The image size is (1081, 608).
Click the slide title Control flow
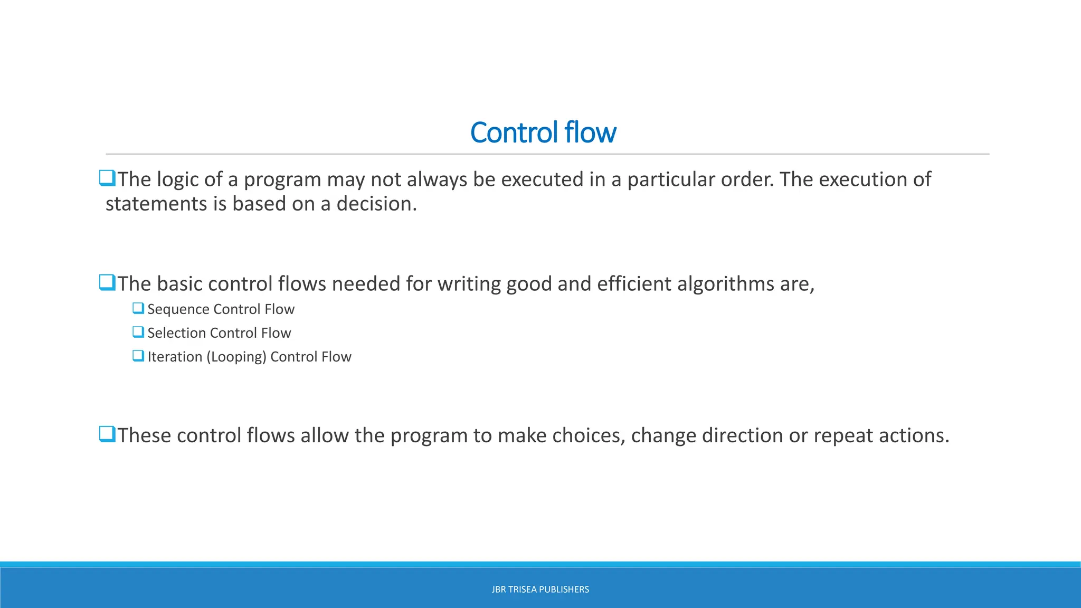click(x=543, y=132)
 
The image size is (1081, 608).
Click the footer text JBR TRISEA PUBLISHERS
click(x=540, y=590)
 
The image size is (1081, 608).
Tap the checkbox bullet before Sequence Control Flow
click(x=138, y=308)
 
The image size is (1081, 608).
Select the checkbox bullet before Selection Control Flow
click(x=138, y=332)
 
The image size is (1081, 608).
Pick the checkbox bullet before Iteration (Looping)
click(x=138, y=356)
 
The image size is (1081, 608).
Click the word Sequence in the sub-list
click(x=178, y=309)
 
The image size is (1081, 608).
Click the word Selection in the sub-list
click(x=176, y=333)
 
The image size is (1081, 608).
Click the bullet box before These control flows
click(x=107, y=434)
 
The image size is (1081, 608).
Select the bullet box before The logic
click(x=107, y=178)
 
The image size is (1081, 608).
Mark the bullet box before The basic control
click(x=107, y=283)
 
